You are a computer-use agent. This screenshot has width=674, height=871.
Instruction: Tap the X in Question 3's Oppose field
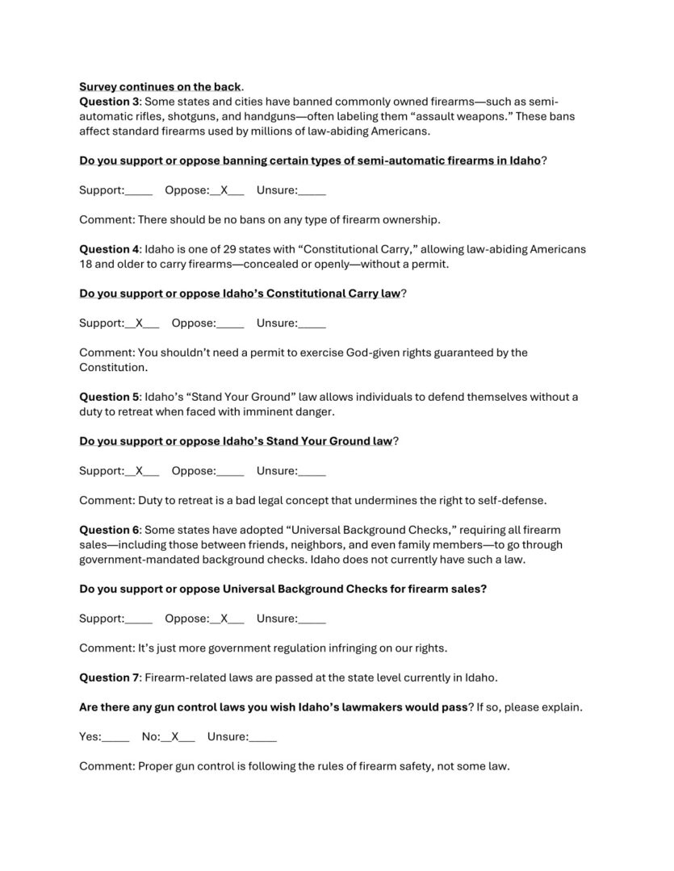pos(226,191)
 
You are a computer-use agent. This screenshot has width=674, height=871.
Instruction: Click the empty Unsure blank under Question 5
pos(312,471)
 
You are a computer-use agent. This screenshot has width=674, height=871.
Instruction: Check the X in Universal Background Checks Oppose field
pos(226,619)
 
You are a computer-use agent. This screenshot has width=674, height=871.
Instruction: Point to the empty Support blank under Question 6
pos(139,619)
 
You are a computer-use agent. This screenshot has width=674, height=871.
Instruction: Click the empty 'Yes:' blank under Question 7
pos(116,736)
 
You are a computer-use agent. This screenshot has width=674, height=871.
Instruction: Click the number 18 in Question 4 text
pos(86,264)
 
